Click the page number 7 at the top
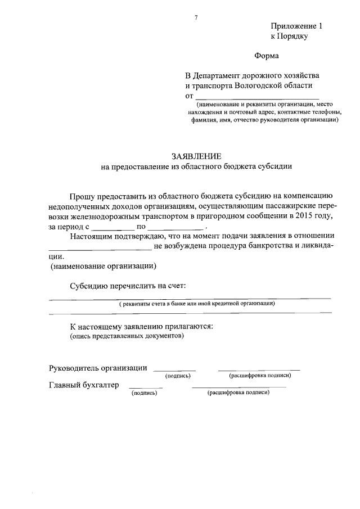pyautogui.click(x=196, y=18)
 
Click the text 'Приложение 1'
pyautogui.click(x=297, y=26)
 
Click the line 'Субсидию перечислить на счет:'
pyautogui.click(x=128, y=286)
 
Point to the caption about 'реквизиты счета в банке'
pyautogui.click(x=196, y=303)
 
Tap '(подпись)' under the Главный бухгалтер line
pyautogui.click(x=144, y=393)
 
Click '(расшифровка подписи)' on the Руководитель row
pyautogui.click(x=259, y=375)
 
